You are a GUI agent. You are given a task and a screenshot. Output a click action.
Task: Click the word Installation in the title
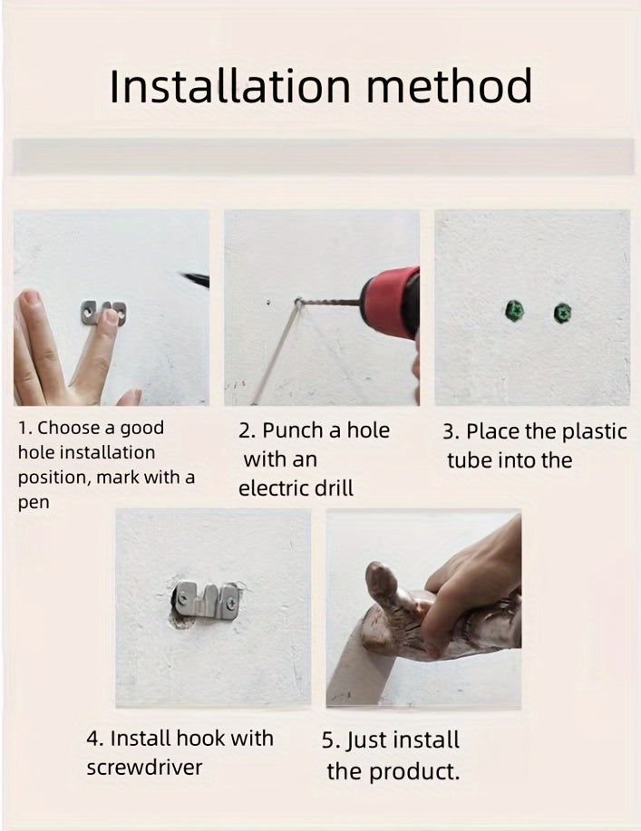click(230, 85)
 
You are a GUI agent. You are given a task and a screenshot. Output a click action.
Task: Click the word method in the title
click(449, 85)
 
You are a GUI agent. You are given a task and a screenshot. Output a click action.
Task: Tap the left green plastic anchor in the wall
click(514, 311)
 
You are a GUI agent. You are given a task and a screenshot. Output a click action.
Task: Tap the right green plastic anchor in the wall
click(562, 313)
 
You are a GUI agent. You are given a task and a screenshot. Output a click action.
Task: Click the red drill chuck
click(390, 301)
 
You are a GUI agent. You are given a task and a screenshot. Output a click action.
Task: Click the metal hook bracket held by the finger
click(104, 313)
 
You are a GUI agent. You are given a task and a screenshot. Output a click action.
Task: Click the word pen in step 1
click(34, 503)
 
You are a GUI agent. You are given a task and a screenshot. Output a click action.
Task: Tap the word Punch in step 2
click(293, 430)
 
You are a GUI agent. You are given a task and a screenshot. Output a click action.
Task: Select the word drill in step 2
click(333, 488)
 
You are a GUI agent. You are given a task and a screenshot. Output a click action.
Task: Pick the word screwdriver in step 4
click(144, 768)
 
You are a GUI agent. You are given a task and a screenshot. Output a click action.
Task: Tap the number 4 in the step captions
click(92, 739)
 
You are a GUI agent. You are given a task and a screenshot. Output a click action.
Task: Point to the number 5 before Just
click(327, 740)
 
